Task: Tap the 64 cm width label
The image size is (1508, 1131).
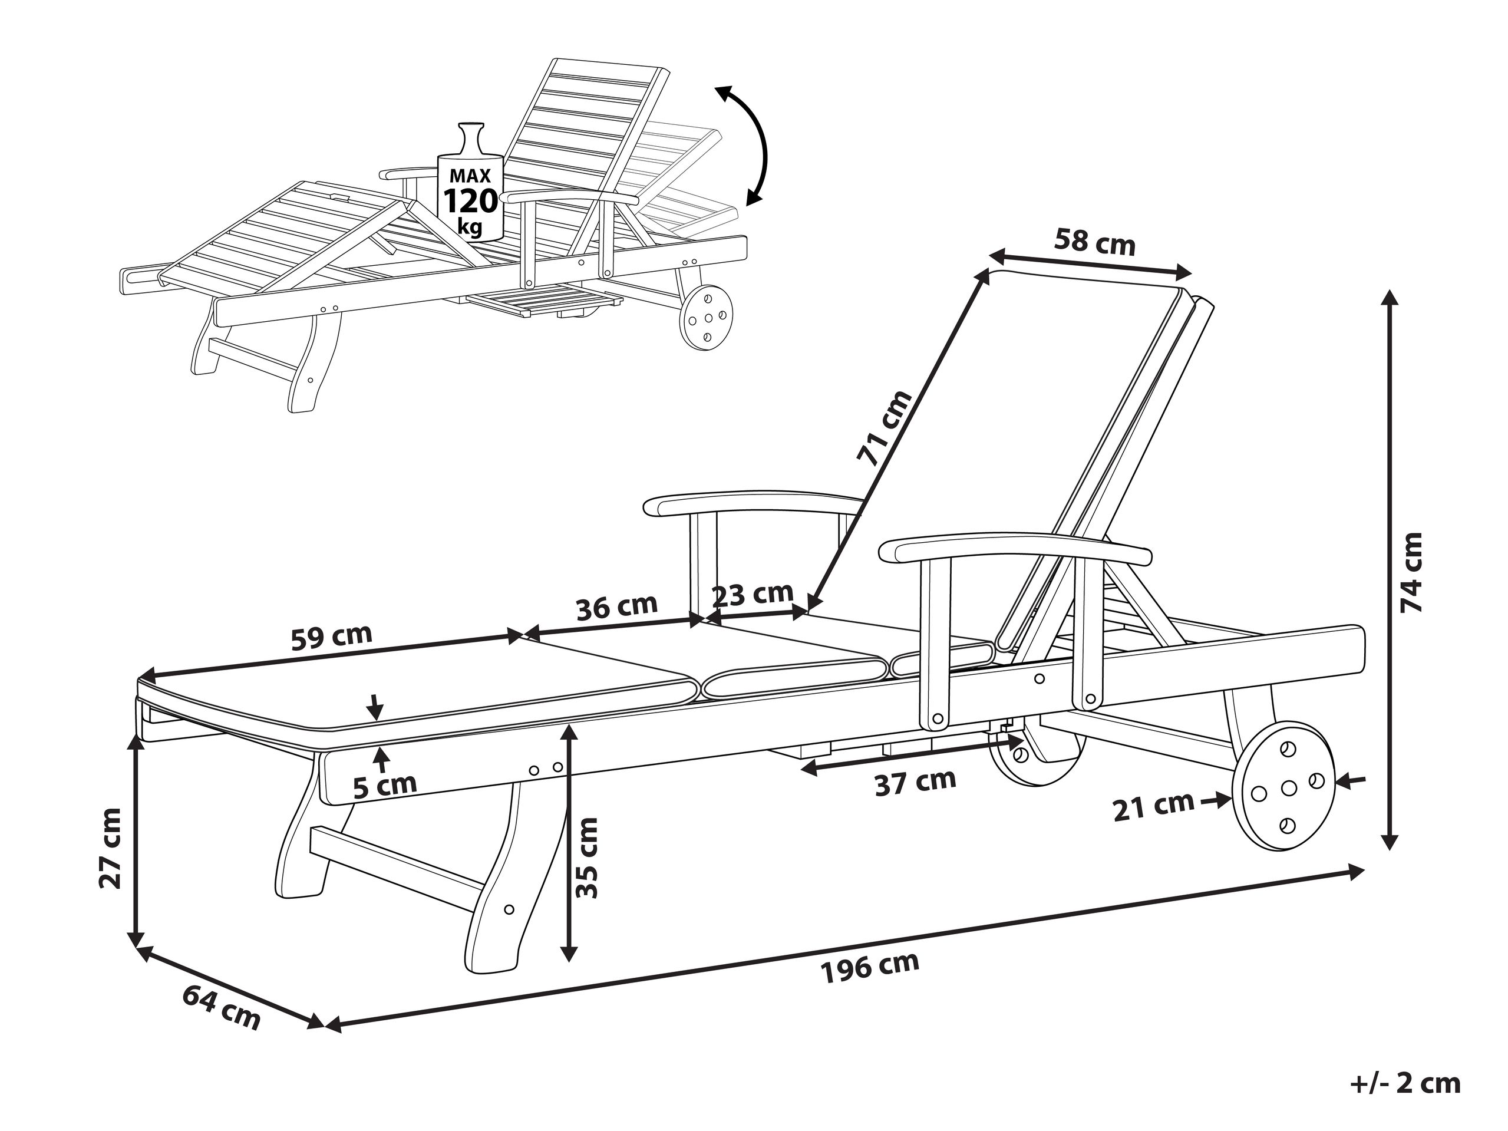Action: click(222, 1008)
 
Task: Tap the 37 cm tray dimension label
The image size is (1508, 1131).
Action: click(915, 782)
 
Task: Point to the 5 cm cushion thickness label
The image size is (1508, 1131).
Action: click(384, 784)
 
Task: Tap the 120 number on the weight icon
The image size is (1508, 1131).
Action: click(470, 202)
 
